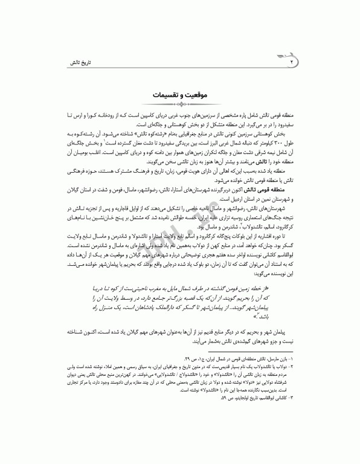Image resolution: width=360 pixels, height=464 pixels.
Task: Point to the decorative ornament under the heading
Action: coord(179,105)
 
